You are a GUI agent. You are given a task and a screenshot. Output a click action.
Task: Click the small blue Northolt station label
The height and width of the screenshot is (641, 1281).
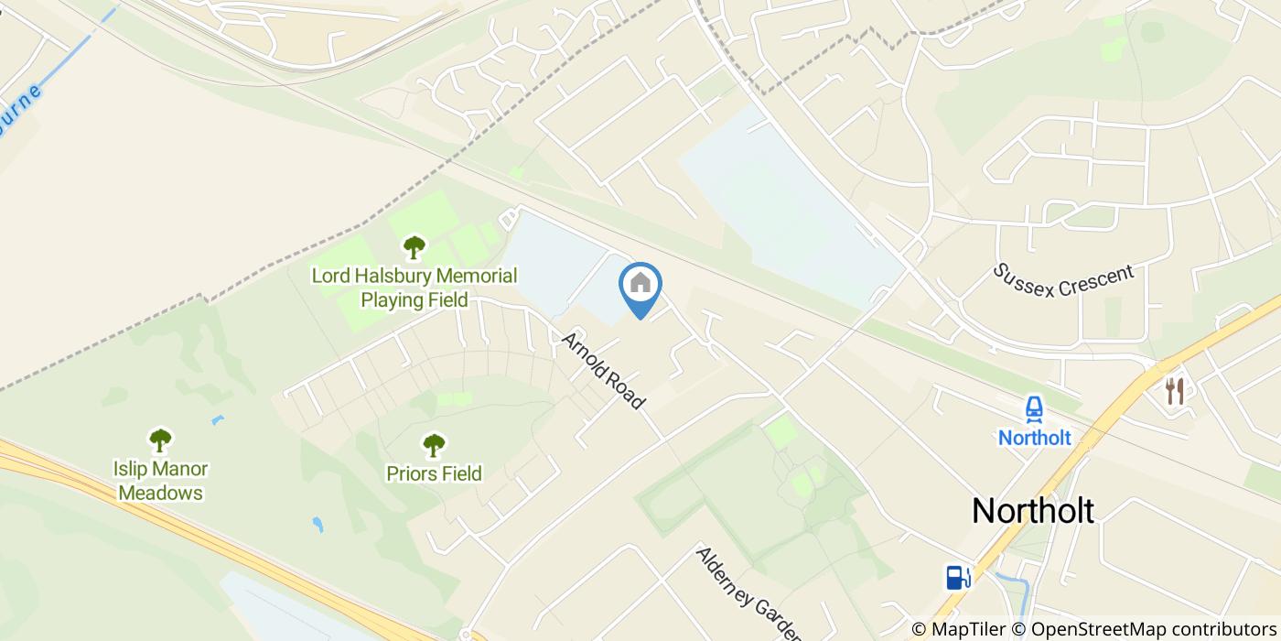click(1034, 438)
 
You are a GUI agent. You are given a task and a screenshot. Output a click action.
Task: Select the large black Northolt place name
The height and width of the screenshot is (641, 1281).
click(1032, 510)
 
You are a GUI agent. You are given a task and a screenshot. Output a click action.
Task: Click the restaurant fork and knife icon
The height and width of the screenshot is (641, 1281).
click(1175, 391)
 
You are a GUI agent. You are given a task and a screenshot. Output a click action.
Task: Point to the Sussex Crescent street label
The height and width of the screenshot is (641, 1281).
click(1064, 280)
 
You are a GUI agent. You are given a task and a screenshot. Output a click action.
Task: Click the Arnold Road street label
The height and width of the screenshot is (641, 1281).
click(603, 370)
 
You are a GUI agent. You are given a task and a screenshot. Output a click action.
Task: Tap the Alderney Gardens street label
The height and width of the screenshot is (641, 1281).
click(748, 593)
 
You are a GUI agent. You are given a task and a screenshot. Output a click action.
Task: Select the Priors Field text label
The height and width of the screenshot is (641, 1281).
click(434, 473)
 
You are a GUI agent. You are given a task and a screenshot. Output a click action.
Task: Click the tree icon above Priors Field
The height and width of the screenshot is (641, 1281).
click(434, 446)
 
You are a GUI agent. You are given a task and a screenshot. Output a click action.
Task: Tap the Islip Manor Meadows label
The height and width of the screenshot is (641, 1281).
click(161, 481)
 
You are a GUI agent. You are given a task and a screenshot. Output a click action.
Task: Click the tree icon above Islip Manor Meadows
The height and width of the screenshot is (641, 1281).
click(161, 440)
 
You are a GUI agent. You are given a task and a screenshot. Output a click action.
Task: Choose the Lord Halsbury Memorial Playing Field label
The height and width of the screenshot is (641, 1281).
click(414, 288)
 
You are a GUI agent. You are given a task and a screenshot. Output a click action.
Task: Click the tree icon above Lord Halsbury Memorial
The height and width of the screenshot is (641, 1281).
click(414, 246)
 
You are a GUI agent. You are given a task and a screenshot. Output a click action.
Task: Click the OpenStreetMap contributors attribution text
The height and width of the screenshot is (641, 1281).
click(1153, 629)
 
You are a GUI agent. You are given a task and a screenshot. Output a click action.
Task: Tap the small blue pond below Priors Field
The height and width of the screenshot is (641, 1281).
click(318, 525)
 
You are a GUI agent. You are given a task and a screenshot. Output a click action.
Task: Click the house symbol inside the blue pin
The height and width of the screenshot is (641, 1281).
click(640, 283)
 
